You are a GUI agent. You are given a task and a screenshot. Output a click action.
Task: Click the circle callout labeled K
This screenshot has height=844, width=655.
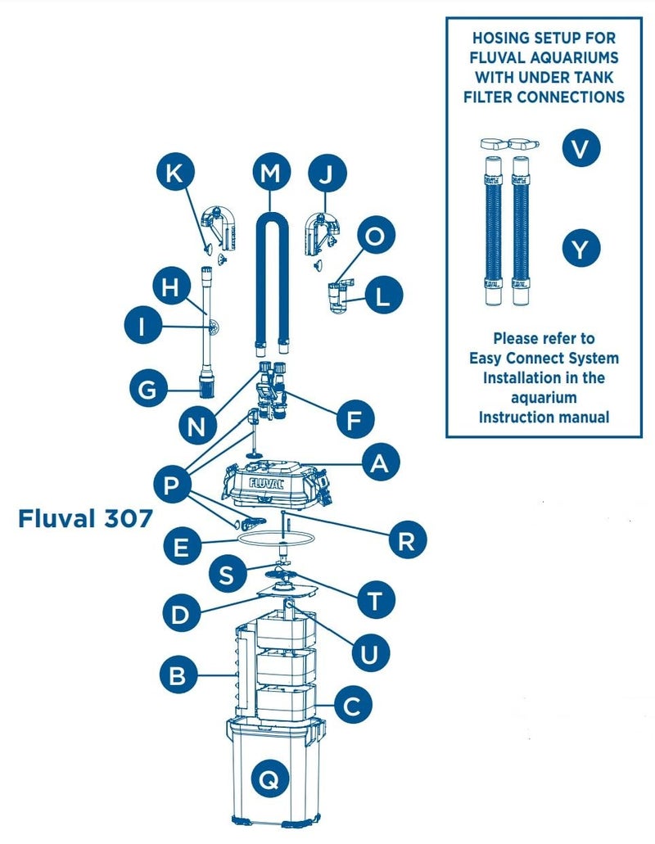click(x=177, y=174)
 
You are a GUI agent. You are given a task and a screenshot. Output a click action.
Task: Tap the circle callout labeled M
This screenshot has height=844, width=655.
click(x=270, y=174)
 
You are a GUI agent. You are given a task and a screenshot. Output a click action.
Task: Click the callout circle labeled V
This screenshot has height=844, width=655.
click(x=580, y=148)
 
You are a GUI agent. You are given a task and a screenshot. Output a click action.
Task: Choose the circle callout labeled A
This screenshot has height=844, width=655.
click(x=380, y=464)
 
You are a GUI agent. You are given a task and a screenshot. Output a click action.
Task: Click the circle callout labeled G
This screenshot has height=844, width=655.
click(x=147, y=389)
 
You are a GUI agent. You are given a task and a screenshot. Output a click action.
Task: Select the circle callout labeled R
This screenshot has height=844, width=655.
click(x=406, y=541)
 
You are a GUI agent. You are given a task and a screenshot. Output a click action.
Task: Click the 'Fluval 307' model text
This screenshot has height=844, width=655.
click(x=85, y=520)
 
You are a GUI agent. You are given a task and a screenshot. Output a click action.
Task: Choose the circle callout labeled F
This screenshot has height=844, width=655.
click(x=355, y=421)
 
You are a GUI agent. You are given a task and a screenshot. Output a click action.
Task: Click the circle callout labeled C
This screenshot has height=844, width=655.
click(x=352, y=705)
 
